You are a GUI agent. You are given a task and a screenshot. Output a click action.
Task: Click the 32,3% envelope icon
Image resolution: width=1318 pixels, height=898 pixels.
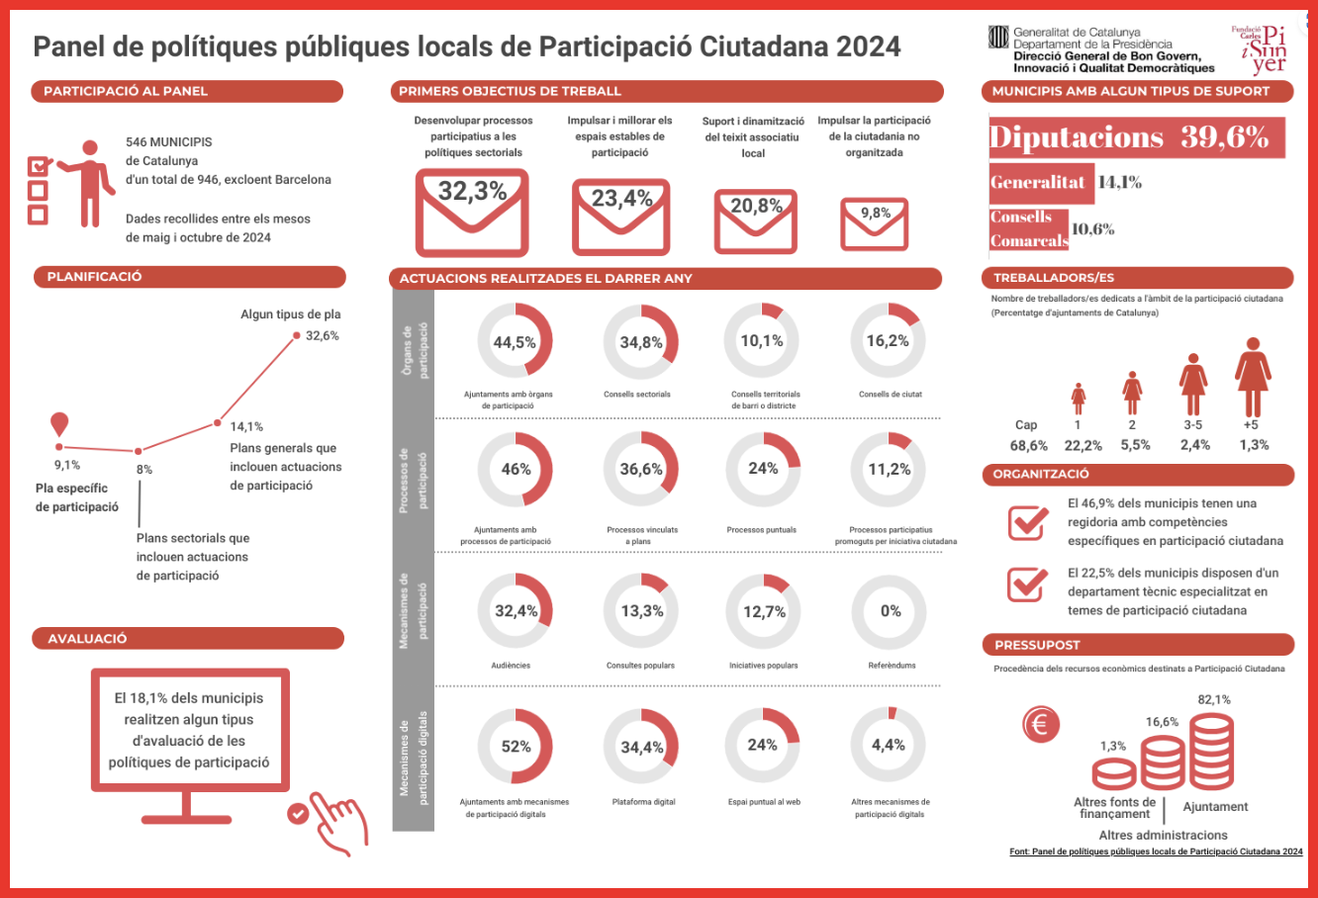click(x=472, y=213)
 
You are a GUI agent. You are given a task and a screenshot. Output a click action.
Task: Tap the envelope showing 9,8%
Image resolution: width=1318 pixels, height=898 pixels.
click(x=874, y=224)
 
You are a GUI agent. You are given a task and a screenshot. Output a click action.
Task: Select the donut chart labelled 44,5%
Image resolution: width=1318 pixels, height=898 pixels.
click(x=515, y=341)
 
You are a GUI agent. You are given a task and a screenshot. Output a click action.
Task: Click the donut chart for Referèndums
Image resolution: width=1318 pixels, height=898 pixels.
click(x=889, y=611)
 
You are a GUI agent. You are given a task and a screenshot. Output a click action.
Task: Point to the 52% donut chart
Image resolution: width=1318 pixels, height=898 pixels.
click(x=515, y=747)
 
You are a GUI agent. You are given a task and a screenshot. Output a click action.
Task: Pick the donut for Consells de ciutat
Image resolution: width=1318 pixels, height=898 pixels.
click(x=888, y=341)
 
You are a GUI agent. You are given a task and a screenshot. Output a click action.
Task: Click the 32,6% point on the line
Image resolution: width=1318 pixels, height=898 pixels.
click(x=296, y=335)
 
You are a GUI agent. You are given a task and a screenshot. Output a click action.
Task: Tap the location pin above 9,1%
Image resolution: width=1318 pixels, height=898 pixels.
click(x=60, y=424)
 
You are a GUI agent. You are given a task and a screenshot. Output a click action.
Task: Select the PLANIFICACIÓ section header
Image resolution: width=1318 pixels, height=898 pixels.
click(x=189, y=277)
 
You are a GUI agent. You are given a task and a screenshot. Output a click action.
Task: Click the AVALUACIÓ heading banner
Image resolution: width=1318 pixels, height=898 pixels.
click(x=188, y=639)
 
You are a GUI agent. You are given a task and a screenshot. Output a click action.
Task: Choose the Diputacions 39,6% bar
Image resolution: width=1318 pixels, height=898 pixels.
click(x=1136, y=137)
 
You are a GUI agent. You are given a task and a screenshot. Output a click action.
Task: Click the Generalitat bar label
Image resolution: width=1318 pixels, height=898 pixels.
click(x=1038, y=182)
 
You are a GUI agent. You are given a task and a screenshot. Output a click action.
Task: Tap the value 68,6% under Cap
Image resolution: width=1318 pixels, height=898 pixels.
click(x=1029, y=445)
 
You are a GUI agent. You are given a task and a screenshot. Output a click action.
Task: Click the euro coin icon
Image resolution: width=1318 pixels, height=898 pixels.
click(x=1040, y=725)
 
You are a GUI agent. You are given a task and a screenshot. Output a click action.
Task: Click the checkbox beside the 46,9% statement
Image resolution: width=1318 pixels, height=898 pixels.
click(x=1028, y=521)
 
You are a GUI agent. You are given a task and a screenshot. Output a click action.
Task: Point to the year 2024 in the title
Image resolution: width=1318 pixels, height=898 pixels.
click(x=868, y=46)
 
